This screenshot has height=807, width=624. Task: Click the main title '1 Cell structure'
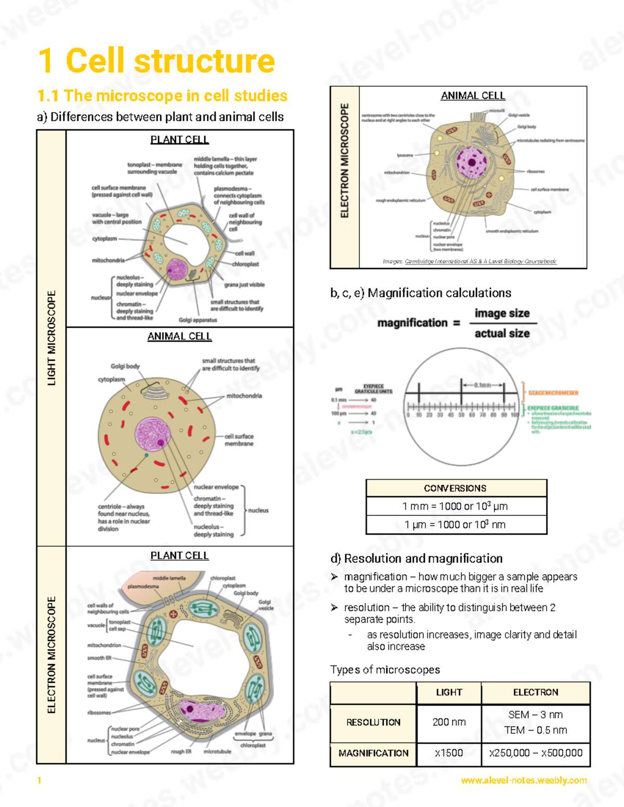[x=157, y=61]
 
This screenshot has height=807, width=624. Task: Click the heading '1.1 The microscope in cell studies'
[x=162, y=96]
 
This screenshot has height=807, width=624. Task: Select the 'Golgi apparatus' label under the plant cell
[x=198, y=320]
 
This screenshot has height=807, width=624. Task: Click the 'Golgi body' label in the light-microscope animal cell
[x=125, y=366]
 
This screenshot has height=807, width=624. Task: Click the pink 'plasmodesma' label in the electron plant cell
[x=144, y=586]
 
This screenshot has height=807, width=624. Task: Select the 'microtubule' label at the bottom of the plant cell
[x=217, y=751]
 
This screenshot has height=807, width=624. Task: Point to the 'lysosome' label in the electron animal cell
[x=405, y=155]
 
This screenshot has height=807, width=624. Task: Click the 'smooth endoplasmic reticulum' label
[x=512, y=231]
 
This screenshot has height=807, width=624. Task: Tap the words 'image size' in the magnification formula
[x=502, y=313]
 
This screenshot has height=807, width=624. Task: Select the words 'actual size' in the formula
[x=502, y=333]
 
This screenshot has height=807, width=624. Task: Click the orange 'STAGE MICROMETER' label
[x=553, y=393]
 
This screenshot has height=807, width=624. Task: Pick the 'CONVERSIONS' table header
[x=456, y=488]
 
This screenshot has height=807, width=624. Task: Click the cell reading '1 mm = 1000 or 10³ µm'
[x=456, y=506]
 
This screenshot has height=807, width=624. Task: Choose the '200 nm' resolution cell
[x=449, y=722]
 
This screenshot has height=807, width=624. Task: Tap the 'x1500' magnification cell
[x=449, y=753]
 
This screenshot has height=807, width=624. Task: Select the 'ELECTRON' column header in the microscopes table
[x=536, y=692]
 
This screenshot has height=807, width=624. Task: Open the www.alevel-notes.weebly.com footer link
[x=524, y=780]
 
